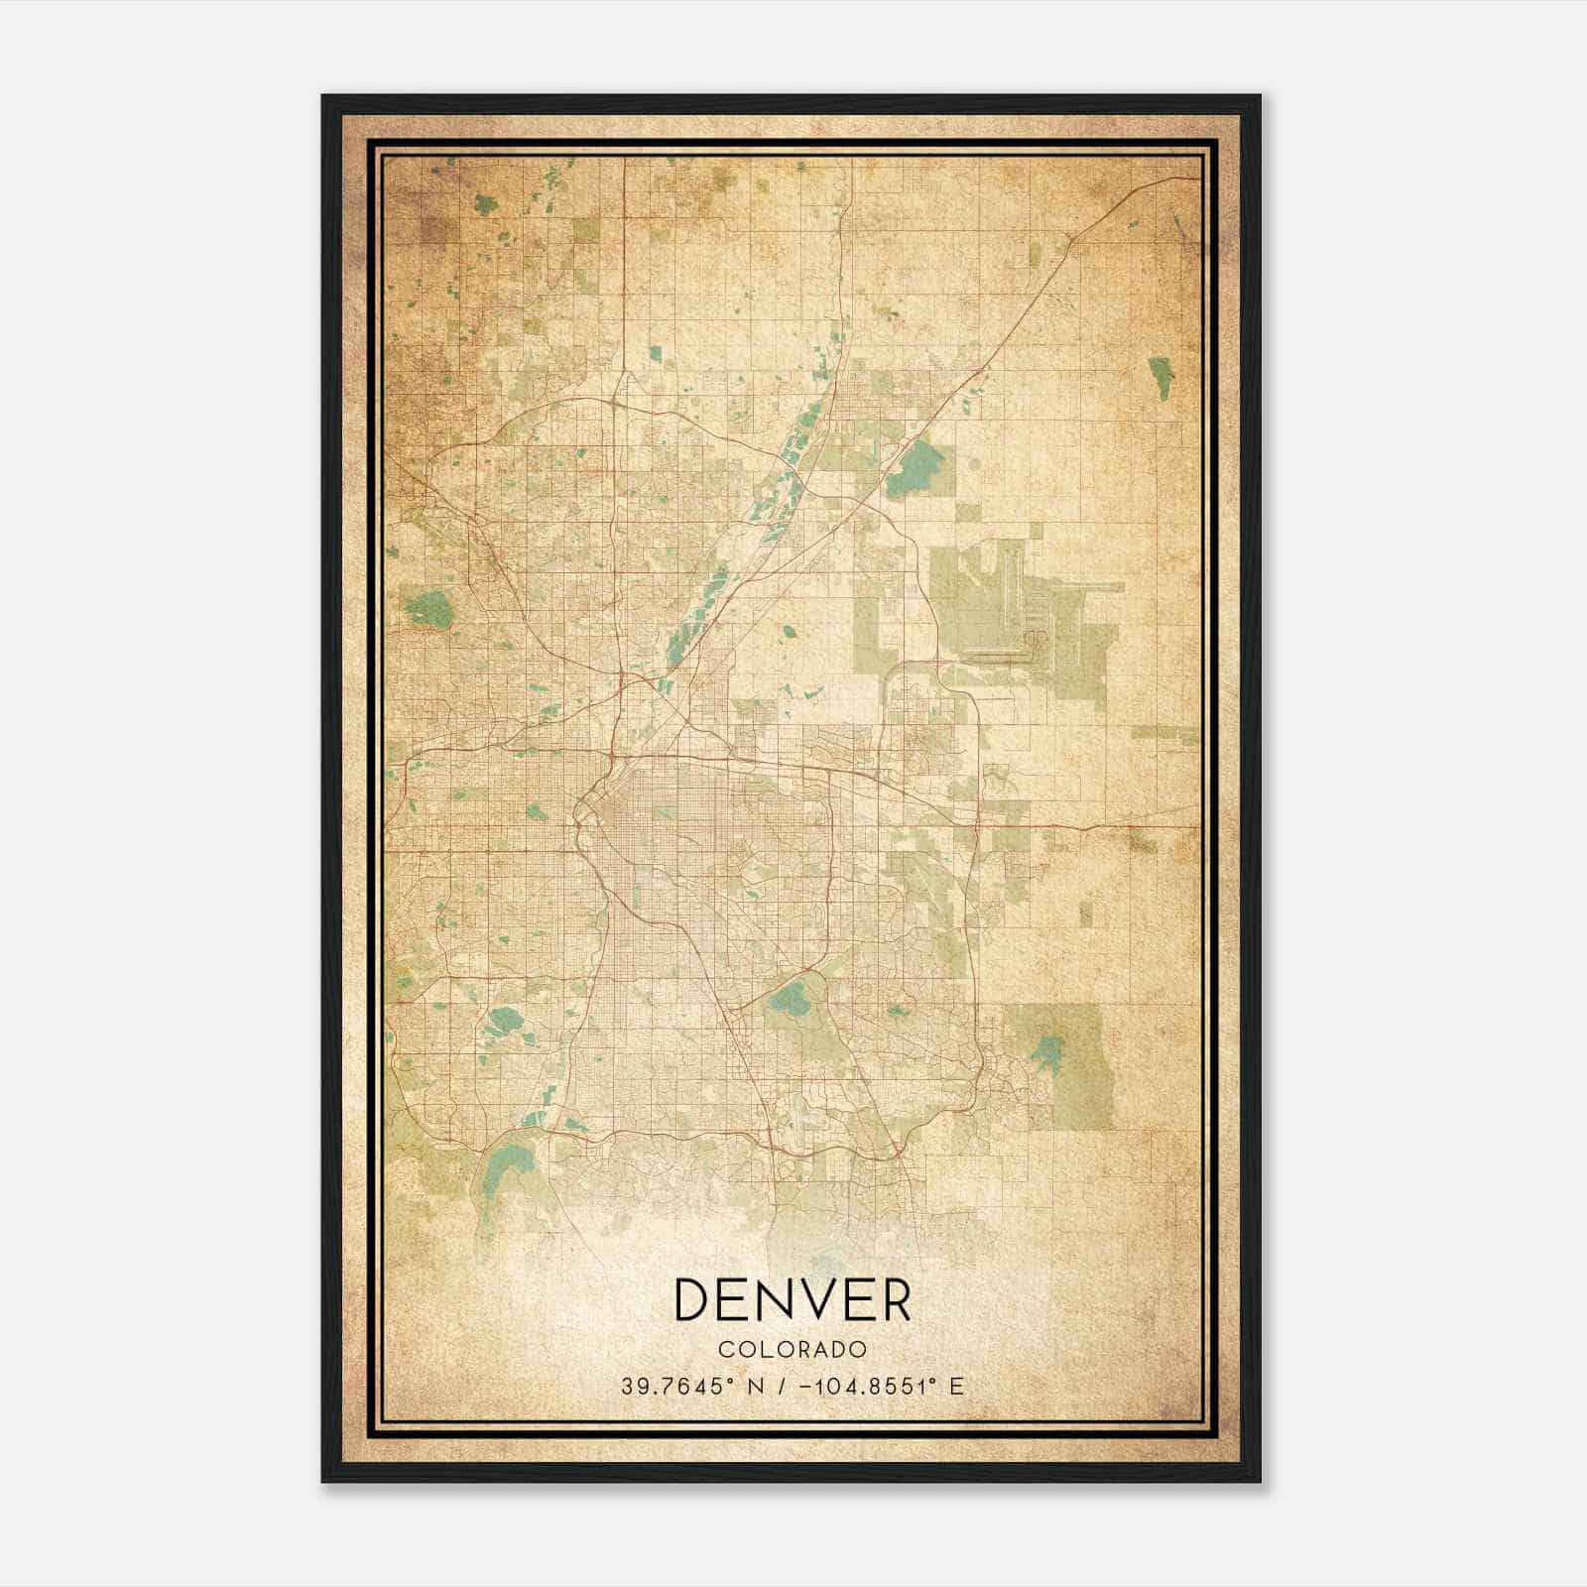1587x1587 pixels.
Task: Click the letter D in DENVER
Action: click(x=697, y=1299)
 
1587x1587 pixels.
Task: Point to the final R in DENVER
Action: click(x=892, y=1299)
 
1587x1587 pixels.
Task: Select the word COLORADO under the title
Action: click(x=793, y=1350)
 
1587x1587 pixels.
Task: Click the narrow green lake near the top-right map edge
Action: click(x=1160, y=378)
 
